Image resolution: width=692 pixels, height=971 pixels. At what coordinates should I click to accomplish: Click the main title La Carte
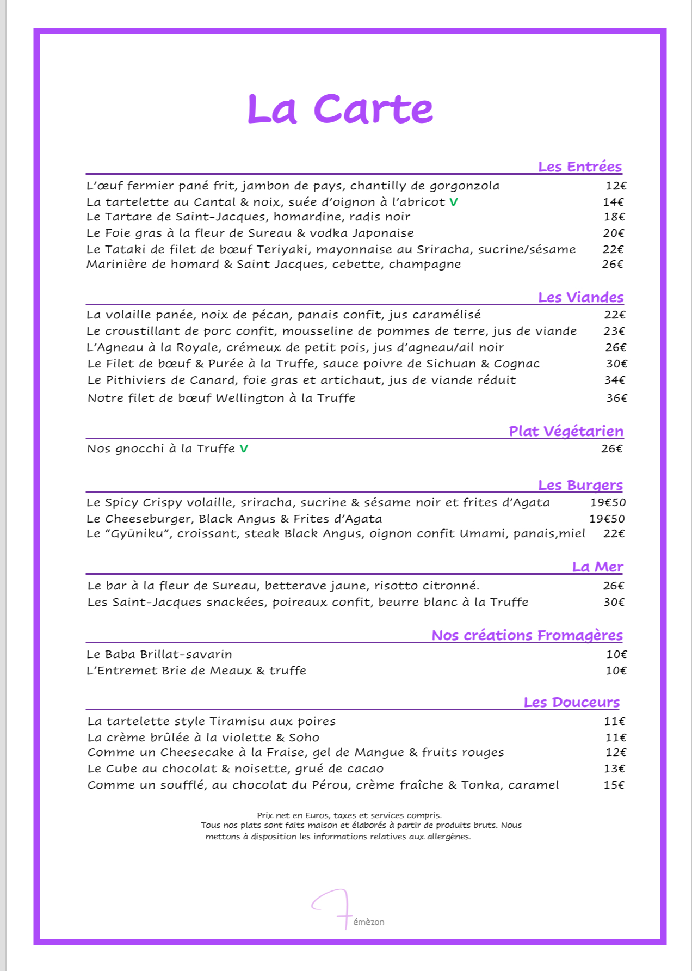tap(340, 109)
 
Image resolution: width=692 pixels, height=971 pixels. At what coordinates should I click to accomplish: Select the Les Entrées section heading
tap(579, 167)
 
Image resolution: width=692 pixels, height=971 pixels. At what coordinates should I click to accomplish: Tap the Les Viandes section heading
tap(580, 297)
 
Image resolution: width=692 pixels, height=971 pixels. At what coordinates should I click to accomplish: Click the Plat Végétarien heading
tap(566, 431)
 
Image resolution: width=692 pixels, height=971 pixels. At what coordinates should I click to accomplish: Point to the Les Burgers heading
tap(580, 485)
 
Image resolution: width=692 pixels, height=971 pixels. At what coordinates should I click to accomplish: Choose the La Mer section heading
tap(597, 567)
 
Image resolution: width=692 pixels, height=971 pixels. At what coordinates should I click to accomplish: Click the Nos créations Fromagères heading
tap(527, 635)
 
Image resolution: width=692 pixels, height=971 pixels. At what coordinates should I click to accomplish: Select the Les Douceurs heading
tap(571, 702)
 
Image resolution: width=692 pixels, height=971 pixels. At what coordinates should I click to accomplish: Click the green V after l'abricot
tap(454, 202)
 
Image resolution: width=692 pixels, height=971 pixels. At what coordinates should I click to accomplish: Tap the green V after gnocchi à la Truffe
tap(244, 448)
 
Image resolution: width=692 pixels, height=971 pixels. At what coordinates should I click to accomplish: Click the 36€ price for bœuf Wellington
tap(616, 398)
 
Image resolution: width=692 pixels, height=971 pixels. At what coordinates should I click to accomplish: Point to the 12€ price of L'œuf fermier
tap(616, 186)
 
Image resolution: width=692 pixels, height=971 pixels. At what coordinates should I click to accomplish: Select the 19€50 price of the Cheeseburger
tap(607, 519)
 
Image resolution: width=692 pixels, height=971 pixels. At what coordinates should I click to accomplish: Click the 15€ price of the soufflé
tap(614, 785)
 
